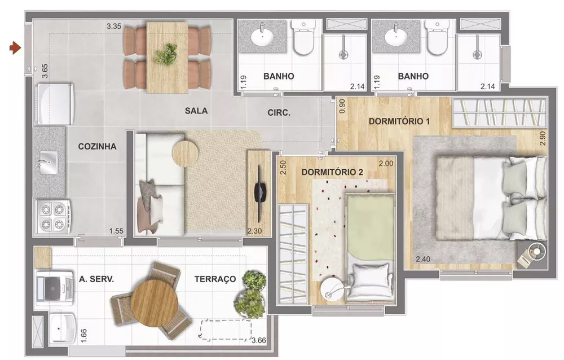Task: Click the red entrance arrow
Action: (15, 49)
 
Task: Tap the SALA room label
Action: (196, 111)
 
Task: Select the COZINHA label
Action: (97, 147)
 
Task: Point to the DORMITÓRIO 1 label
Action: (397, 121)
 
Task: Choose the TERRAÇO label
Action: (215, 279)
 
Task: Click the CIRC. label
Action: (279, 113)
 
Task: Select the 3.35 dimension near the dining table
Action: (115, 25)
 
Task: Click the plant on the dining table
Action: (166, 55)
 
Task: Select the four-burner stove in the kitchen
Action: (53, 216)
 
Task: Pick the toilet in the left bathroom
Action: (303, 39)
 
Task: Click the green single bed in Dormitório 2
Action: (369, 237)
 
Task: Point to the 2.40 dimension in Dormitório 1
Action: (424, 260)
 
